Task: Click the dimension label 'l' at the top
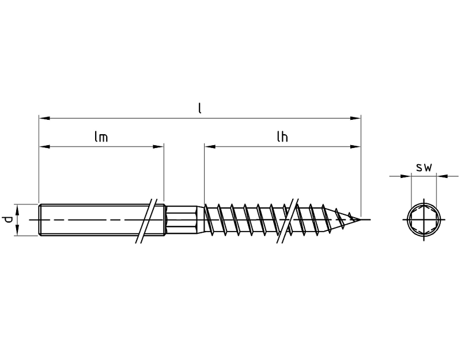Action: click(x=200, y=108)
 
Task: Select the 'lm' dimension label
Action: click(x=101, y=137)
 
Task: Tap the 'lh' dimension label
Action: click(x=282, y=137)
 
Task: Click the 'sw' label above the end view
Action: click(x=424, y=168)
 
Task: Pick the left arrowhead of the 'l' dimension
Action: click(x=44, y=118)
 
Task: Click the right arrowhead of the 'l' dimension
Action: click(x=355, y=118)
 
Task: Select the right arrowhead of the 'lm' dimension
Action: click(x=158, y=146)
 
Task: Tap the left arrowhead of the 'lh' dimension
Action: click(x=210, y=146)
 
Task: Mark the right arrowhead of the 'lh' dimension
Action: click(x=355, y=146)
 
